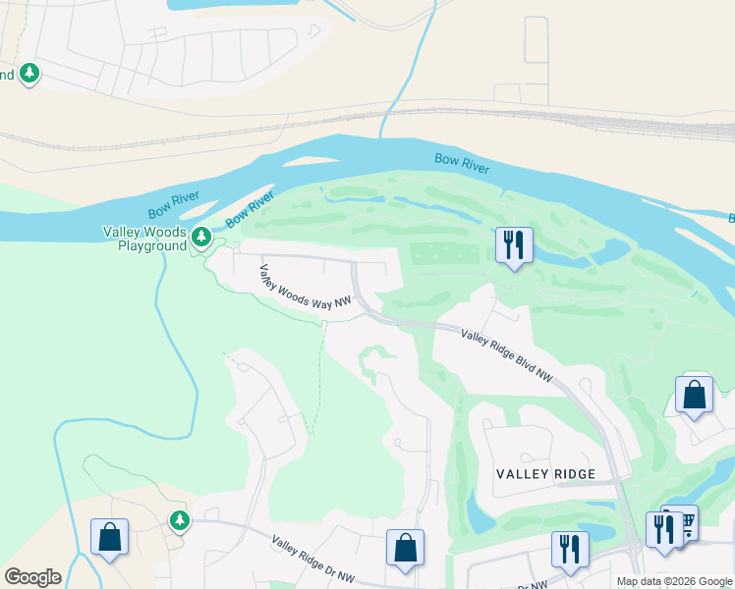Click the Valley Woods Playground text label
[x=144, y=239]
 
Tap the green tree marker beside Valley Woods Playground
[x=201, y=237]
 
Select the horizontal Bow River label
[x=462, y=163]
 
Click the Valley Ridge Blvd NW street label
[x=507, y=356]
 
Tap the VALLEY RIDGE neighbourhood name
[x=545, y=474]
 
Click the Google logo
[x=32, y=577]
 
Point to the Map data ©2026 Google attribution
[x=674, y=581]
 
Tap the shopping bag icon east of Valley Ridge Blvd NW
[x=695, y=396]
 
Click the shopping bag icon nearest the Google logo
[x=109, y=537]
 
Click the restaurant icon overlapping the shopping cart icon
[x=663, y=530]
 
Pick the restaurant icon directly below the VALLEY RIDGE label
[x=569, y=549]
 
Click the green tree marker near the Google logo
[x=178, y=519]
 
